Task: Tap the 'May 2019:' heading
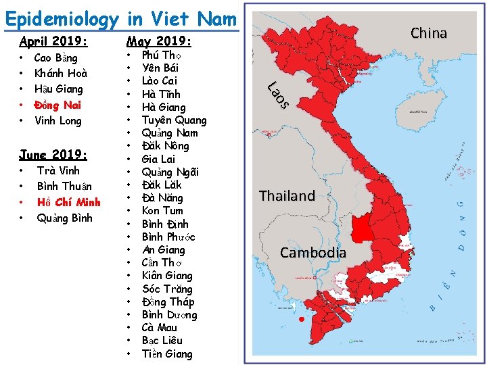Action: (160, 41)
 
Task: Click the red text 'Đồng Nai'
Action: (58, 105)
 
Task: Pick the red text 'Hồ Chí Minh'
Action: (68, 202)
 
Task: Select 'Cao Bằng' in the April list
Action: (55, 58)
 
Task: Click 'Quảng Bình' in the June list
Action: (64, 218)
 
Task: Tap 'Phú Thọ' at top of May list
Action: (160, 55)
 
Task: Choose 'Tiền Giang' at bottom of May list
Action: (167, 354)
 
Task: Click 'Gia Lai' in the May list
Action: (158, 159)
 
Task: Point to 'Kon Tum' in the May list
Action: (162, 211)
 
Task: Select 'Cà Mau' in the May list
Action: (160, 328)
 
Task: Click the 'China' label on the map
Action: (429, 33)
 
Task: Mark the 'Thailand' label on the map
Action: (287, 196)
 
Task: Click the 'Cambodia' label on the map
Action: (312, 253)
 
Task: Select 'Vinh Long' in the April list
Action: (57, 121)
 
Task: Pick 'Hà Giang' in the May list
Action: (163, 107)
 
